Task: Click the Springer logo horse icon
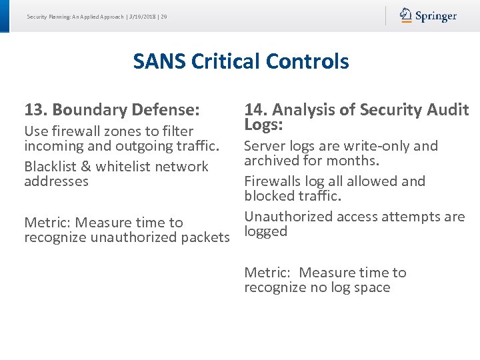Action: pyautogui.click(x=406, y=15)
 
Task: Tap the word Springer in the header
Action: pyautogui.click(x=436, y=16)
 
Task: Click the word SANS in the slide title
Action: pyautogui.click(x=159, y=61)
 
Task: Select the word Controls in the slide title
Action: pyautogui.click(x=307, y=61)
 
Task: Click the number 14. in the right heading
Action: pyautogui.click(x=255, y=109)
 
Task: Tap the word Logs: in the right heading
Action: pyautogui.click(x=264, y=125)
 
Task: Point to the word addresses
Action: pyautogui.click(x=56, y=181)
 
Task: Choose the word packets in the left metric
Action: pyautogui.click(x=203, y=237)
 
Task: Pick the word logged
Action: pyautogui.click(x=265, y=231)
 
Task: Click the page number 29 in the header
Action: pyautogui.click(x=163, y=16)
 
